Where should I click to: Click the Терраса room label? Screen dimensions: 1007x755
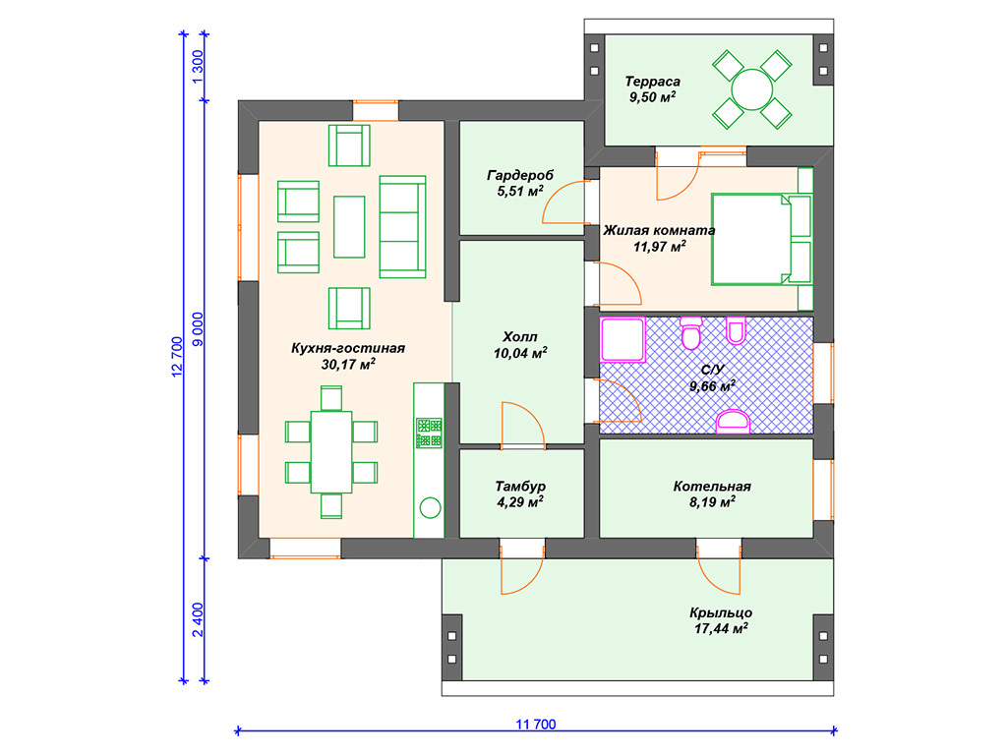[653, 82]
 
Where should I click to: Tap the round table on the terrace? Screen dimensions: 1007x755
[751, 89]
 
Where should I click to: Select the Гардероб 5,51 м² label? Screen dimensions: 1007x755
[520, 183]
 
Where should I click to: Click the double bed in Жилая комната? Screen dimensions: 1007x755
[761, 240]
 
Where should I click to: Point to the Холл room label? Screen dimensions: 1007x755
[520, 337]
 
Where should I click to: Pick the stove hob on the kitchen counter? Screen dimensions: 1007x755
[429, 433]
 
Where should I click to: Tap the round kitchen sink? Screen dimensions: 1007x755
[430, 508]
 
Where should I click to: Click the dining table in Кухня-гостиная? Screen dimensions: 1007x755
[331, 452]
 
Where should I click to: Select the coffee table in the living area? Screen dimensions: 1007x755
[349, 227]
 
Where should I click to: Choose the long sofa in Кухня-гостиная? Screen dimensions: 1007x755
[402, 227]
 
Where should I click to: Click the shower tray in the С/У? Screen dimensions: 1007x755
[622, 339]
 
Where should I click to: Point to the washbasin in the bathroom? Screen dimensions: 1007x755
[733, 422]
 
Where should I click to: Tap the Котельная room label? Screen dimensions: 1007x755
[712, 487]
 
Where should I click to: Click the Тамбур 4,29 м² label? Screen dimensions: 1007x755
[520, 494]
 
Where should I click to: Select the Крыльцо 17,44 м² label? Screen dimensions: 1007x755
[721, 621]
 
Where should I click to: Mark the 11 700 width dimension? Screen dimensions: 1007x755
[536, 725]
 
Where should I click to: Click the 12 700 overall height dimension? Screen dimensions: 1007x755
[177, 357]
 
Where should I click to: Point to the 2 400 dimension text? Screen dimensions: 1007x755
[198, 619]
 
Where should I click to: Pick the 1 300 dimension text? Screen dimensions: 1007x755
[198, 66]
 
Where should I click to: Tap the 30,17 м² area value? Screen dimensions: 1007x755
[348, 365]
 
